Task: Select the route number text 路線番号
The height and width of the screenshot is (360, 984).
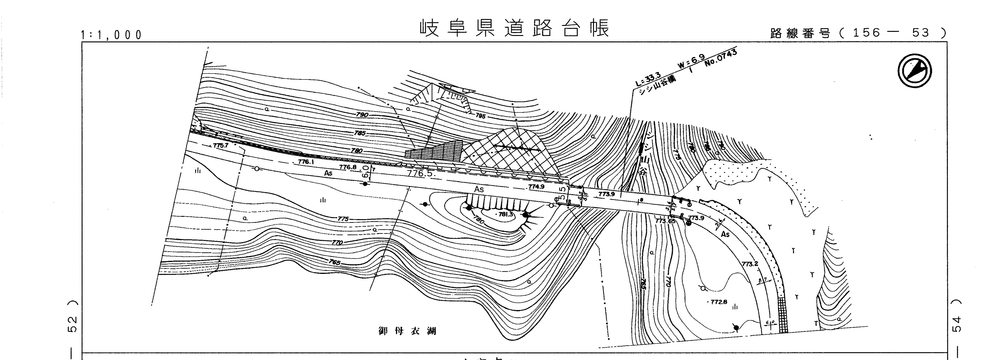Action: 800,34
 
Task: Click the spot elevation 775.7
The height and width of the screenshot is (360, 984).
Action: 220,146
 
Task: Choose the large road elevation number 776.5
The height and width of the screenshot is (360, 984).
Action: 421,173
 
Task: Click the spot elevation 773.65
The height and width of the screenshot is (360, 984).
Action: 665,221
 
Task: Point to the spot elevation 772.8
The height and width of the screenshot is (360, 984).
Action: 718,302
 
